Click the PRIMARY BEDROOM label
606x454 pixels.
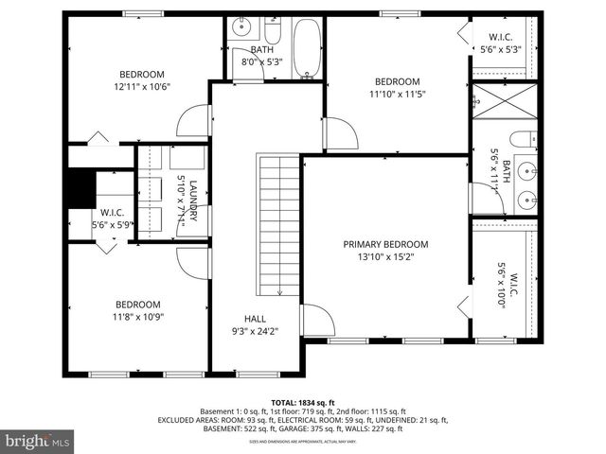[x=385, y=244]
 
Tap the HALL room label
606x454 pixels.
[x=255, y=320]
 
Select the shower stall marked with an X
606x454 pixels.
[x=504, y=105]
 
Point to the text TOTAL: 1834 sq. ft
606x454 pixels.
[x=303, y=402]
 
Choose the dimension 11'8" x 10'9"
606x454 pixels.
[x=138, y=317]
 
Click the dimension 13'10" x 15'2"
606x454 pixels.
[x=385, y=256]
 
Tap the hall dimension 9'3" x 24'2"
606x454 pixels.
[x=255, y=332]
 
